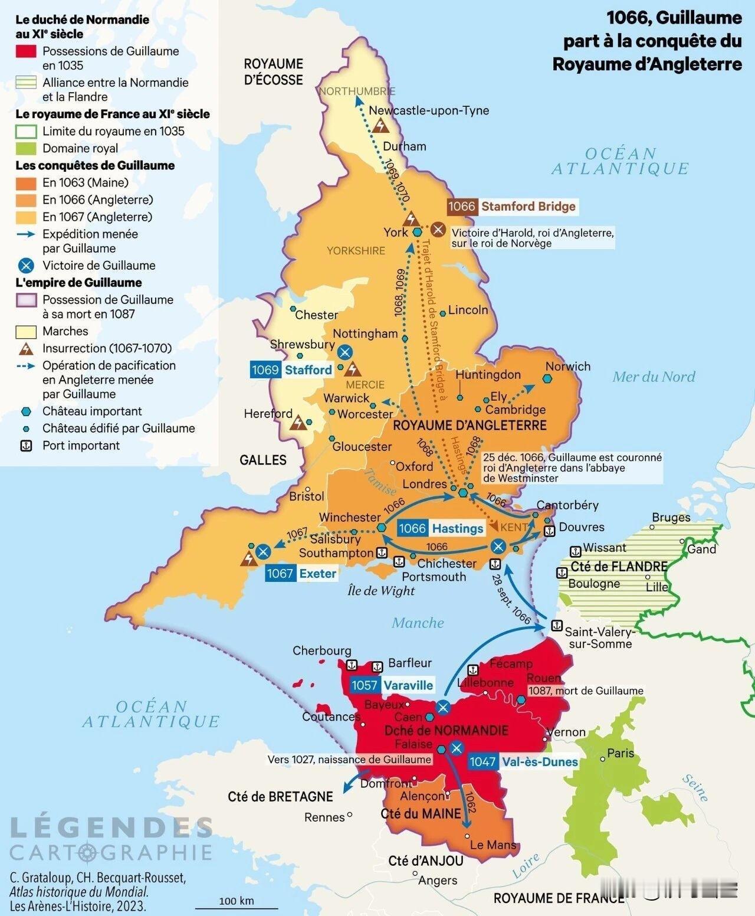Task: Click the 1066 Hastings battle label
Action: [x=441, y=528]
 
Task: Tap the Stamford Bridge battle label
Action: [x=511, y=206]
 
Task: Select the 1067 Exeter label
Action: [x=301, y=573]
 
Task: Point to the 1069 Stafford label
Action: [x=291, y=370]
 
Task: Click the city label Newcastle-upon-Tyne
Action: [x=429, y=110]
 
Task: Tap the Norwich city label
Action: [x=567, y=367]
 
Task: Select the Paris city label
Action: [x=621, y=753]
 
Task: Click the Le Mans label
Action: [x=493, y=845]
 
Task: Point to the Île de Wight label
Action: [x=381, y=591]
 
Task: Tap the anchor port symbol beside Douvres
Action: [x=549, y=530]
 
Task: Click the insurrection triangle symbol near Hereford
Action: [x=299, y=423]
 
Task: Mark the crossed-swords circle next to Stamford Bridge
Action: [x=438, y=229]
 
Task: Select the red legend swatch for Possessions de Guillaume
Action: [x=26, y=51]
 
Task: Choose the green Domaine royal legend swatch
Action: [x=26, y=148]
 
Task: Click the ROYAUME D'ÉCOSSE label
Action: [x=273, y=71]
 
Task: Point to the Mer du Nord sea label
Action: [x=654, y=377]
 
